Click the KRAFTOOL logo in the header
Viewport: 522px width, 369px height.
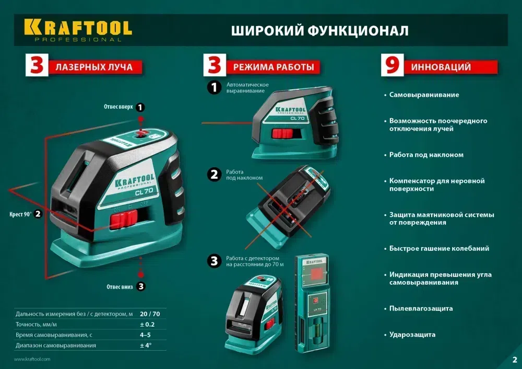click(x=77, y=29)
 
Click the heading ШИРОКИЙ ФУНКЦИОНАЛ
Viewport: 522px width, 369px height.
click(x=319, y=30)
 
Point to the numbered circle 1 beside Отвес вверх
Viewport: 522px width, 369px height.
click(x=140, y=107)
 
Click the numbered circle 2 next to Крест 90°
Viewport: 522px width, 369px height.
click(x=38, y=214)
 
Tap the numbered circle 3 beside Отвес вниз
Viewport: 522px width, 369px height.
click(x=141, y=286)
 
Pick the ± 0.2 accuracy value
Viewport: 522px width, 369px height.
click(x=148, y=325)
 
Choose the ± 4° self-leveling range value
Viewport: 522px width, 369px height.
click(x=145, y=345)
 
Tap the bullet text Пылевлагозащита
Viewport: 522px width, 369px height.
click(x=421, y=308)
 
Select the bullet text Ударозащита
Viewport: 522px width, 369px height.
click(x=412, y=335)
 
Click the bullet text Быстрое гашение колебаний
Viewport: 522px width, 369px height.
click(x=439, y=249)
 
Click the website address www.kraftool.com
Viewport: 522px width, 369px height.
click(x=32, y=359)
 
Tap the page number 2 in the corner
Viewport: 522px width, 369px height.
click(x=514, y=360)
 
